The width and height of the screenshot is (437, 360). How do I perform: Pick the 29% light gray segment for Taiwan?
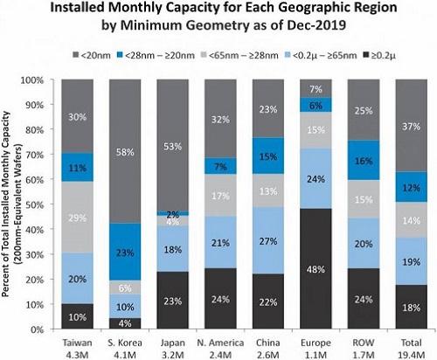click(78, 216)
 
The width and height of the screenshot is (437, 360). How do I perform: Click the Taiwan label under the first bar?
click(78, 340)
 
